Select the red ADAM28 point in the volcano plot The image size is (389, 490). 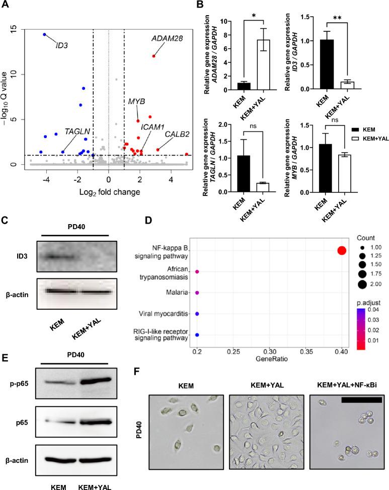click(154, 56)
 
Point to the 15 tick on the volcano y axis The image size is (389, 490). click(20, 29)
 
